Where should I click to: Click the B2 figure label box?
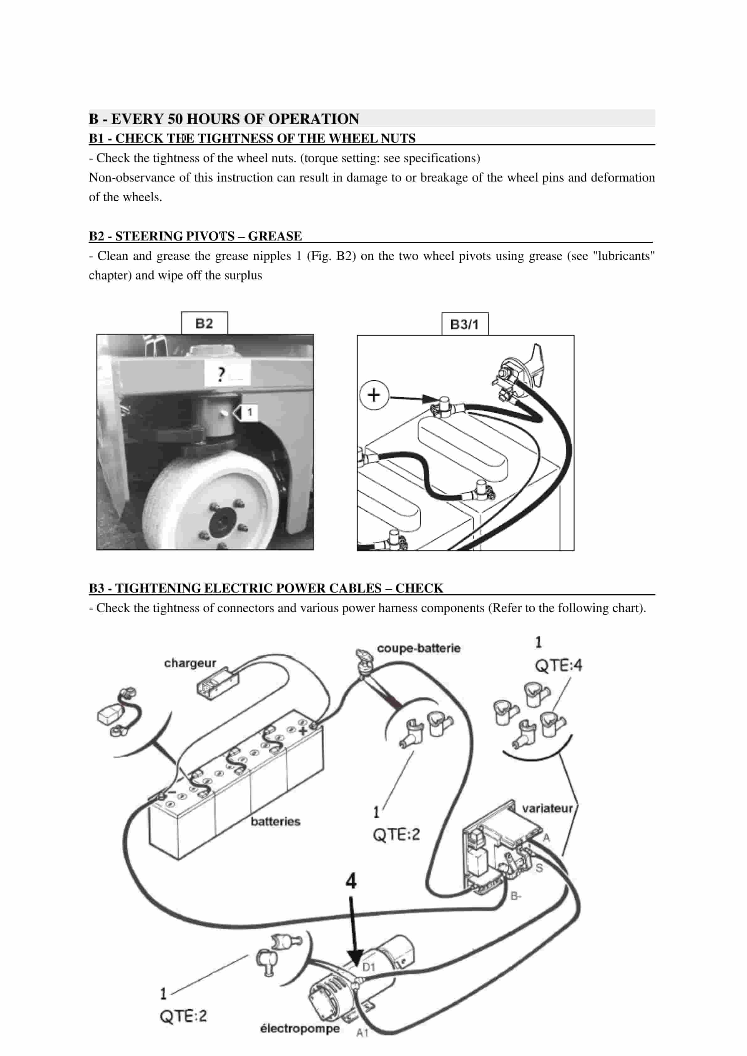(x=204, y=323)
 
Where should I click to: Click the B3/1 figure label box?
(x=464, y=324)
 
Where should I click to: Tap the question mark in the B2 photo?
(x=221, y=374)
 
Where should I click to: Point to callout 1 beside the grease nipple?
(x=249, y=412)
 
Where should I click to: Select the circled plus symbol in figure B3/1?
(x=373, y=395)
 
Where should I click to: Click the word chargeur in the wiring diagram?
(x=190, y=663)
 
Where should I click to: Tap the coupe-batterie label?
(x=419, y=648)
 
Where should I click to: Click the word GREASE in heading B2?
(x=275, y=236)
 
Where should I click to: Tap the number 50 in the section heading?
(x=175, y=119)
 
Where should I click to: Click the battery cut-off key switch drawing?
(x=364, y=658)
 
